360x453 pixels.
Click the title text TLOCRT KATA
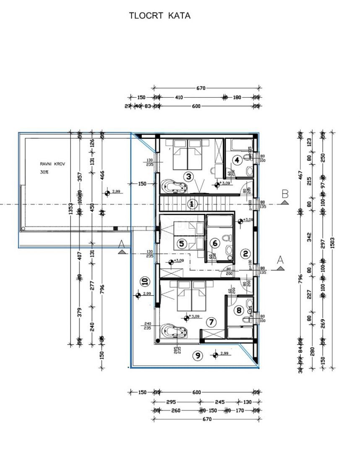(x=159, y=16)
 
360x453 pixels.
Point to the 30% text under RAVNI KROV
(x=44, y=172)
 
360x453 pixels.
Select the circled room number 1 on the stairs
(x=192, y=204)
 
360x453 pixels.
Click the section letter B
(x=285, y=194)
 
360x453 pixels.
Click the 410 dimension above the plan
(x=179, y=97)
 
